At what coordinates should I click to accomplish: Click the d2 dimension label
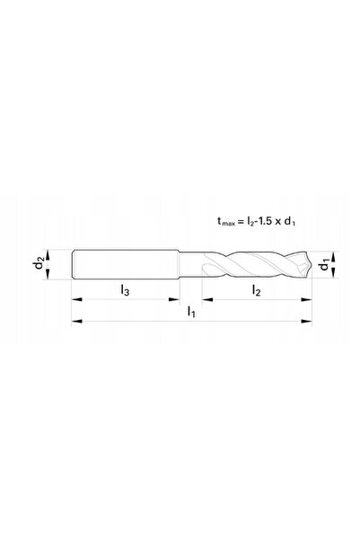coord(39,264)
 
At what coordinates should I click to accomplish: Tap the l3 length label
coord(125,290)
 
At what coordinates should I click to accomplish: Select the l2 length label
coord(257,290)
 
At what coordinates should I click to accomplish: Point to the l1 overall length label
coord(191,312)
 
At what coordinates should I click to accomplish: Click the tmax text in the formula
coord(225,221)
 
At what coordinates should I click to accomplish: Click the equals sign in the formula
coord(241,221)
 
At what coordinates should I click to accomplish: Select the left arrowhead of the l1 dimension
coord(76,322)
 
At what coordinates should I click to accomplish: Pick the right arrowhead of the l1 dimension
coord(306,322)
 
